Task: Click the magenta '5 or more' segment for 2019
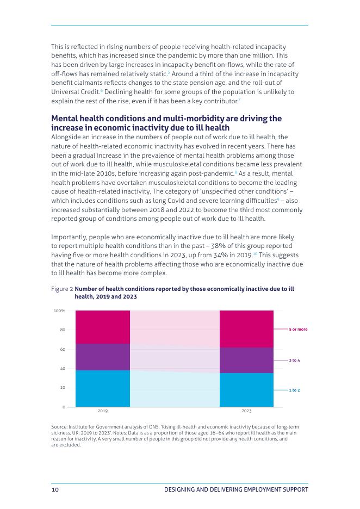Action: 102,327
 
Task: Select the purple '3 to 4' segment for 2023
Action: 246,360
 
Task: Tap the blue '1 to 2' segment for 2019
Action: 102,388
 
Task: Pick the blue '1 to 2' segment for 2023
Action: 246,390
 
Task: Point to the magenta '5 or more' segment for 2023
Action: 246,329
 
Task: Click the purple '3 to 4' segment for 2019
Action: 102,357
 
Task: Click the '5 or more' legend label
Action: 298,330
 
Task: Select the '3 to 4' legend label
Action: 294,361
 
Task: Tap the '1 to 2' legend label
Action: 294,390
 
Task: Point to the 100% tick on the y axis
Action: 60,311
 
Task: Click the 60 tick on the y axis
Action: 63,349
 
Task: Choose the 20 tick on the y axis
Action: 63,388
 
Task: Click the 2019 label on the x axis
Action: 102,411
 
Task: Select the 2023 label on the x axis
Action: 246,411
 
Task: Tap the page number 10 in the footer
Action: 55,489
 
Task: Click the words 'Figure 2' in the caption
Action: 61,289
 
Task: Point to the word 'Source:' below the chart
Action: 59,427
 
